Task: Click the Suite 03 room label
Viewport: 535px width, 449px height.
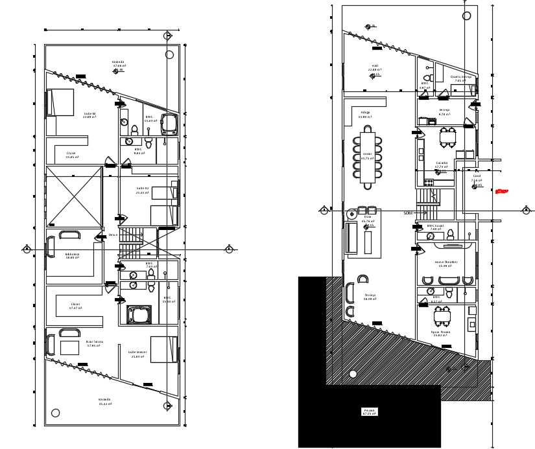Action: coord(89,115)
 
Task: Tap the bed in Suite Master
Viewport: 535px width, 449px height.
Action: coord(164,349)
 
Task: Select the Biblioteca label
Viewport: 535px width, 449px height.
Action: coord(72,255)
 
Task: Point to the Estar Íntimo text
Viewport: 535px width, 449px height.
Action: coord(95,343)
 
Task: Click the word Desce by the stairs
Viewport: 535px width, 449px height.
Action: coord(113,235)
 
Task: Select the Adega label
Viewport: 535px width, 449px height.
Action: coord(365,113)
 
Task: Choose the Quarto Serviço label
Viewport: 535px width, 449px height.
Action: coord(461,78)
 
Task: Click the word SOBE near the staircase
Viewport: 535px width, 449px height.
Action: coord(408,213)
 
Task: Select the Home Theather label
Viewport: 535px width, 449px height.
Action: coord(446,263)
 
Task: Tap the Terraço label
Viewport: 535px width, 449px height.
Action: coord(370,296)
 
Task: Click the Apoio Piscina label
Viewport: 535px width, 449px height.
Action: coord(441,333)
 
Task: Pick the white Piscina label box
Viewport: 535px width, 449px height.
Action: coord(369,411)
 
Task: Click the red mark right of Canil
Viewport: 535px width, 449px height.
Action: coord(501,191)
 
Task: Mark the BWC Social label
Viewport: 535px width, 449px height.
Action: coord(434,227)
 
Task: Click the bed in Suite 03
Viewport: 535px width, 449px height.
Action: coord(60,102)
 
